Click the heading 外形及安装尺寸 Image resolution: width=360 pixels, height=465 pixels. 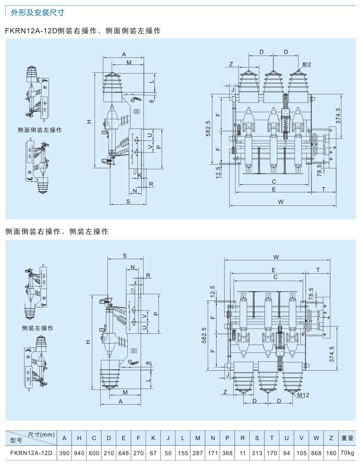[38, 13]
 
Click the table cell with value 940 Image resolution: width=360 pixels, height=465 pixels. [79, 453]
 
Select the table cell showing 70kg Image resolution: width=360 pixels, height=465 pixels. [347, 453]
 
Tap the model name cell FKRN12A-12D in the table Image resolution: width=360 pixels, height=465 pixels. [31, 453]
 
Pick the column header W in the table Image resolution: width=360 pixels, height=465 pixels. [316, 438]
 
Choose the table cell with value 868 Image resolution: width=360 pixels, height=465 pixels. [316, 453]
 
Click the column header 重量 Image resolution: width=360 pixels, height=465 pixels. [347, 438]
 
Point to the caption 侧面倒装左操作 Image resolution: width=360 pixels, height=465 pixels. [40, 130]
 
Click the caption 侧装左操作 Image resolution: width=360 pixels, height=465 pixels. [38, 328]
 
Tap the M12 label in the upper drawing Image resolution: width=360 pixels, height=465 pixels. [307, 64]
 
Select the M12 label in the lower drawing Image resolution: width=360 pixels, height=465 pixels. [303, 395]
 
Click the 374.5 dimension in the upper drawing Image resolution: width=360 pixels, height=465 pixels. [338, 116]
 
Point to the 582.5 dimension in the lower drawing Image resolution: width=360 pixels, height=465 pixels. [204, 335]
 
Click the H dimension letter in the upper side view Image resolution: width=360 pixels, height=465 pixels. [89, 121]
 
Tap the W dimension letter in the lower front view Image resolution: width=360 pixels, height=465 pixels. [276, 257]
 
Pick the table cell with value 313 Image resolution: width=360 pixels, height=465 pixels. [257, 453]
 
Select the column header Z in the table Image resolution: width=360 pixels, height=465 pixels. [331, 438]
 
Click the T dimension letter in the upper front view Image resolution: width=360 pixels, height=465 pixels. [324, 189]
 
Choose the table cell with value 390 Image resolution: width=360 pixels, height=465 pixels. [64, 453]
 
